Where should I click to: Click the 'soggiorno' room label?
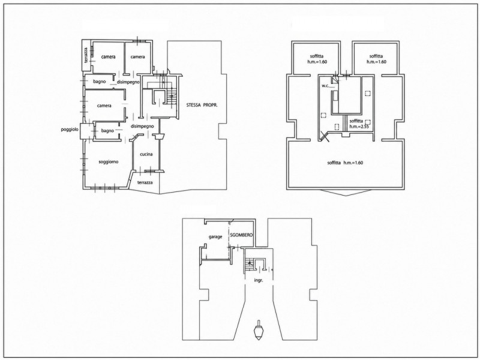click(x=109, y=162)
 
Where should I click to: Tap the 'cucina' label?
click(x=146, y=154)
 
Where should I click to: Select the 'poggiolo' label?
click(x=70, y=130)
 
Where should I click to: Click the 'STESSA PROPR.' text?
click(x=202, y=105)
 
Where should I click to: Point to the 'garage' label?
click(x=215, y=237)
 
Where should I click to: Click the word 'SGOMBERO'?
click(x=241, y=235)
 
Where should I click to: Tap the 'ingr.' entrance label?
click(x=259, y=280)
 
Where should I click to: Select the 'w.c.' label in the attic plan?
click(x=325, y=86)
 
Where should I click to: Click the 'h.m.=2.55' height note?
click(x=359, y=127)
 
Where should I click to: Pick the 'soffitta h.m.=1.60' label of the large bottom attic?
click(x=345, y=163)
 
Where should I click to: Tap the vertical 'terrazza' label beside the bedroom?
click(x=87, y=55)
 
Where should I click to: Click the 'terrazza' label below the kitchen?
click(x=145, y=182)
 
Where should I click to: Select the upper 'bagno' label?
click(x=100, y=82)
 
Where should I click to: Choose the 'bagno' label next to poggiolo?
click(x=107, y=131)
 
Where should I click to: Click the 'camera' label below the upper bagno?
click(x=104, y=106)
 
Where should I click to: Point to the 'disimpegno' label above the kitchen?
click(x=142, y=126)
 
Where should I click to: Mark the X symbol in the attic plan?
click(x=324, y=136)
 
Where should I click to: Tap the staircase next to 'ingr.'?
click(x=250, y=264)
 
